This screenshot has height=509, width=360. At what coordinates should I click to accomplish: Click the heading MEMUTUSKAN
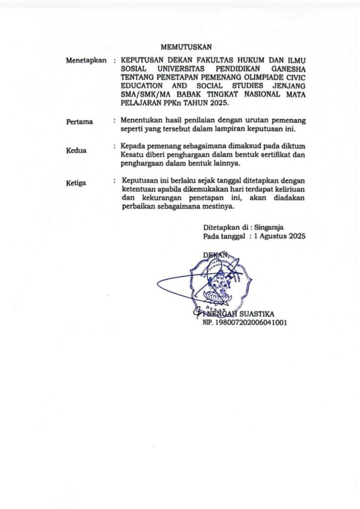coord(189,47)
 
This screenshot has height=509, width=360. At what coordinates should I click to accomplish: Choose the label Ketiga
coord(77,183)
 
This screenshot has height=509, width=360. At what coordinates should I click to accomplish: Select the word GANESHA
coord(287,69)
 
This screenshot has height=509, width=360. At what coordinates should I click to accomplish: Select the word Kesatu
coord(132,155)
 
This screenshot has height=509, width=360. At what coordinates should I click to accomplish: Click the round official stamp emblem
coord(217,282)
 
